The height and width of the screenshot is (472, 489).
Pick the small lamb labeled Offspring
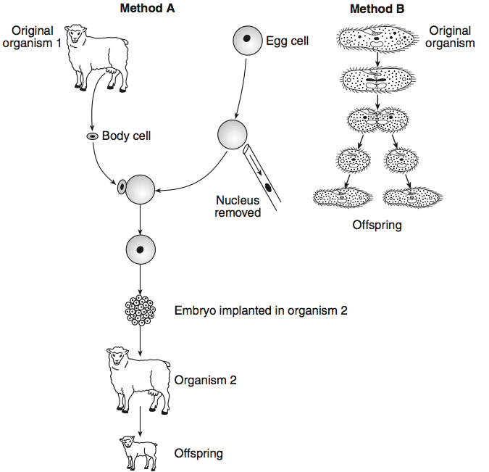click(x=138, y=452)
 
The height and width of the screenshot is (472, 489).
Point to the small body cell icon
click(x=92, y=136)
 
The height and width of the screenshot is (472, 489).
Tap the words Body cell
click(x=126, y=136)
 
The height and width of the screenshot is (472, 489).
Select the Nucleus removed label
click(x=238, y=207)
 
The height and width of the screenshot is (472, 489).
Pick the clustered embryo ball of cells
click(x=140, y=310)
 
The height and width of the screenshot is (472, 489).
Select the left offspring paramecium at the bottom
click(x=343, y=196)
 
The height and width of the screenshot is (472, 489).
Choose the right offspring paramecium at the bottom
click(x=411, y=196)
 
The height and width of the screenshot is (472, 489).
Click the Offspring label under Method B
click(x=377, y=225)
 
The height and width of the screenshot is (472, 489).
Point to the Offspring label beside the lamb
click(x=198, y=453)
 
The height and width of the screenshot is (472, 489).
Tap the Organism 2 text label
click(x=205, y=379)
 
